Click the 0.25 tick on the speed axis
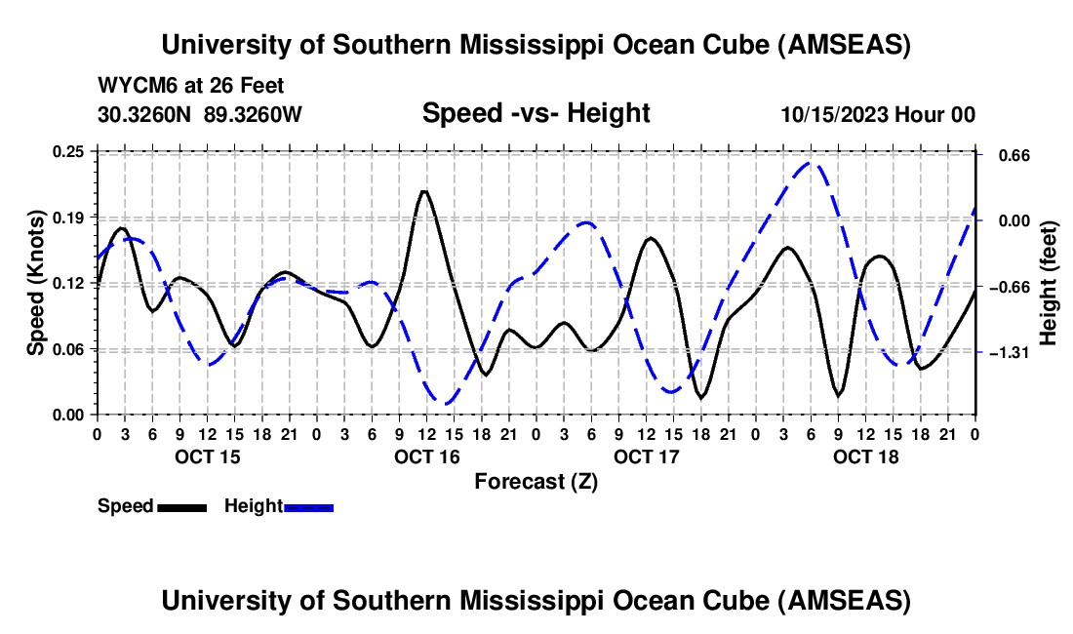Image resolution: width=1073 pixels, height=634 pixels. pos(70,151)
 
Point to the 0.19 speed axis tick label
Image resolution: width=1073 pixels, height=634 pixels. pos(70,217)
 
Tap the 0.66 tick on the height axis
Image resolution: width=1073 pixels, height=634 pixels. pos(1003,155)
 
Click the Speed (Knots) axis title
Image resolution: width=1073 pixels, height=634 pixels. pos(35,283)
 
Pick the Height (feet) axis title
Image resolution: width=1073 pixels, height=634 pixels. pos(1049,283)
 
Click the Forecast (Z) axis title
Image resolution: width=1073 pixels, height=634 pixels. pos(536,481)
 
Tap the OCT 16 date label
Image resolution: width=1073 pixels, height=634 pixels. pos(426,456)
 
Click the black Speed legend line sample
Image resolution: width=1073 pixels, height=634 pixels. pos(180,506)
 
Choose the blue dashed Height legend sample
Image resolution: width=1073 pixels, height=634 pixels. pos(308,506)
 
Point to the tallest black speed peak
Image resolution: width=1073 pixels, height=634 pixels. pos(423,191)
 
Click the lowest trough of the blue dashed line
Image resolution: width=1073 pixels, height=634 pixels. pos(446,403)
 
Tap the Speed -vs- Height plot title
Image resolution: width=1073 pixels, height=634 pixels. pos(536,113)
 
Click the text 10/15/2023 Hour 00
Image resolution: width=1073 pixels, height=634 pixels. pos(878,114)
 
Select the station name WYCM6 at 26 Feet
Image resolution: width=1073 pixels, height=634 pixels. pos(191,86)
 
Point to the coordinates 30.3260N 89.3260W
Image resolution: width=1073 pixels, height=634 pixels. pos(200,114)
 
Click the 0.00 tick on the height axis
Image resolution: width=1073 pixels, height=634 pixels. pos(1003,220)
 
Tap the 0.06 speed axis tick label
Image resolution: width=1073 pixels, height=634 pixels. pos(70,349)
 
